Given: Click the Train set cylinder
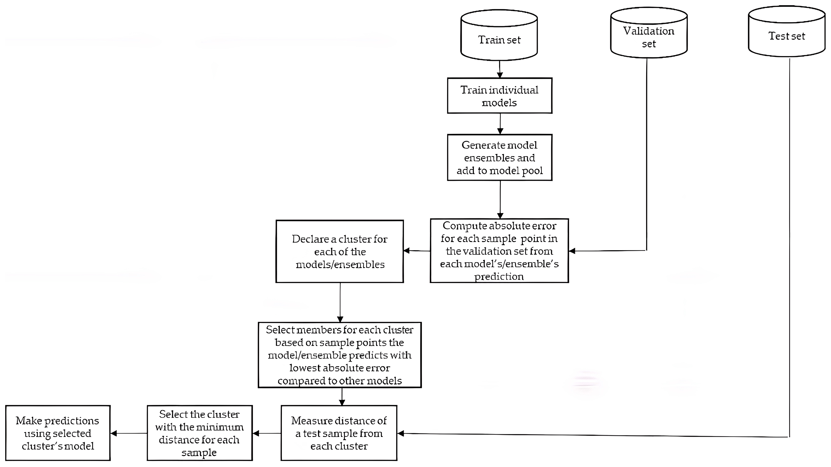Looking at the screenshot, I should click(499, 35).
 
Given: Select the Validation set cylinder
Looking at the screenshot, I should click(649, 34).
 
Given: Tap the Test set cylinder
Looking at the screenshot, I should click(786, 32).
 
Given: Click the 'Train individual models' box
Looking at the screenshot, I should click(499, 96).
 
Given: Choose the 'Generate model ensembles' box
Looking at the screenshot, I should click(499, 157).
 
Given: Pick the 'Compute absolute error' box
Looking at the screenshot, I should click(499, 251).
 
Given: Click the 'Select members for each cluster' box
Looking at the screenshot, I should click(340, 355).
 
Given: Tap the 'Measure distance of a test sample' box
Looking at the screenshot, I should click(339, 433).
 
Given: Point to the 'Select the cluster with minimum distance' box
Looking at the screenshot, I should click(199, 433).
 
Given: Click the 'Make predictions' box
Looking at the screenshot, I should click(58, 433).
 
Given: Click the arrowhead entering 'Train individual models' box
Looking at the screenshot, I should click(500, 75).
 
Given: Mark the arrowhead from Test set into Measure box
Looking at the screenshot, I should click(400, 433).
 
